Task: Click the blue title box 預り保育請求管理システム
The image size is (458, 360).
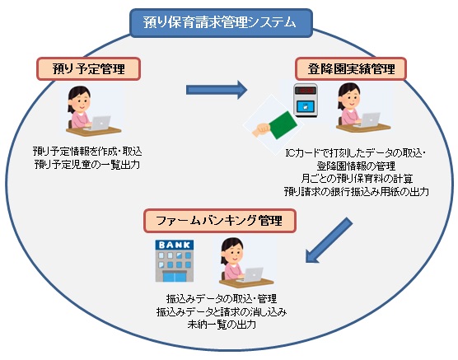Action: (x=221, y=23)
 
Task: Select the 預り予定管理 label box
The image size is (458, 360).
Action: (x=88, y=69)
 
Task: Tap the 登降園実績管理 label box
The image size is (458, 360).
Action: (x=351, y=69)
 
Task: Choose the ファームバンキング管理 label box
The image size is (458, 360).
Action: (x=220, y=221)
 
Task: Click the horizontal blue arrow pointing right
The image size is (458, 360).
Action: (x=217, y=90)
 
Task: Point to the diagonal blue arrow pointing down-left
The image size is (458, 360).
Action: (x=329, y=241)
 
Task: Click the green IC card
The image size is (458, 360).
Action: (x=283, y=124)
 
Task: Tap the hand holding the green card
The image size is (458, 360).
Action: (x=260, y=130)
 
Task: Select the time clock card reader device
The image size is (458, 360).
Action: (x=306, y=101)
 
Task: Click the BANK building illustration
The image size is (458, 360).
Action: (x=175, y=261)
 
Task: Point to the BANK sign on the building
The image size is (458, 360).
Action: (x=175, y=245)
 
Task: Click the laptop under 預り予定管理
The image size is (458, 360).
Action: (x=100, y=123)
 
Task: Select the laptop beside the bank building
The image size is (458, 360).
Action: (x=252, y=274)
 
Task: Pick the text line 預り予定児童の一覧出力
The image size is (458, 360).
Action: (x=87, y=165)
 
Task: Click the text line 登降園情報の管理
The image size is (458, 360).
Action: (x=357, y=166)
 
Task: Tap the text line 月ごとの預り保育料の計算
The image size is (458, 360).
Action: (x=357, y=179)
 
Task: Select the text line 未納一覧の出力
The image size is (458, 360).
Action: (x=222, y=325)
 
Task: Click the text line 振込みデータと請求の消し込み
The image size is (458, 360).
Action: (x=222, y=311)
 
